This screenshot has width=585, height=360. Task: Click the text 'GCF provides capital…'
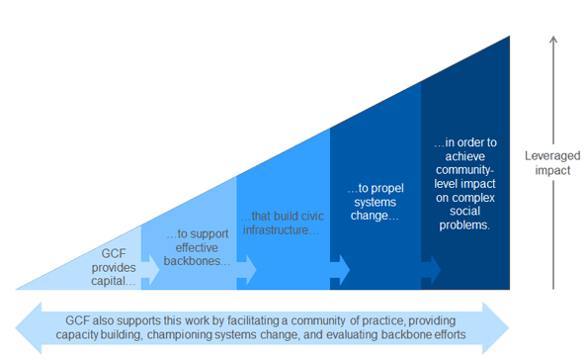tap(114, 267)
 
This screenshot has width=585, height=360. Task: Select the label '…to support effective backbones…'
tap(197, 247)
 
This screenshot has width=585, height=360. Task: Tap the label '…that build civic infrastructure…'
tap(282, 223)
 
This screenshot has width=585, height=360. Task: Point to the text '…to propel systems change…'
tap(376, 202)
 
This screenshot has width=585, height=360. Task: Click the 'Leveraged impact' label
tap(552, 163)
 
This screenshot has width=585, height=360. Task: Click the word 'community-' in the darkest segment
tap(464, 170)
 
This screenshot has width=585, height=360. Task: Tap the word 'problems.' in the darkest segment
tap(464, 225)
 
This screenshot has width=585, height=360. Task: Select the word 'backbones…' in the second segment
tap(197, 261)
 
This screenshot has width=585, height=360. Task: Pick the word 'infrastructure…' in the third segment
tap(281, 230)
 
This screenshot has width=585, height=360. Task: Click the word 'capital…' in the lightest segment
tap(114, 281)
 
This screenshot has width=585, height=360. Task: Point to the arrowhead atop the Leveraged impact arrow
tap(553, 39)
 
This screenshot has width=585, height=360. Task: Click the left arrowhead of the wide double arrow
tap(29, 328)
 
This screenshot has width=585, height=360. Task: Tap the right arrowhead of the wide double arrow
tap(496, 328)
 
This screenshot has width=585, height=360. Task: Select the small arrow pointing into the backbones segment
tap(150, 270)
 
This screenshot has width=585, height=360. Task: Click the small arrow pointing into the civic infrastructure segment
tap(247, 270)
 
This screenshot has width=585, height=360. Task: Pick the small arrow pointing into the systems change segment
tap(340, 270)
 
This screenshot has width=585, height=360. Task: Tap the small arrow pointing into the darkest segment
tap(431, 270)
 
